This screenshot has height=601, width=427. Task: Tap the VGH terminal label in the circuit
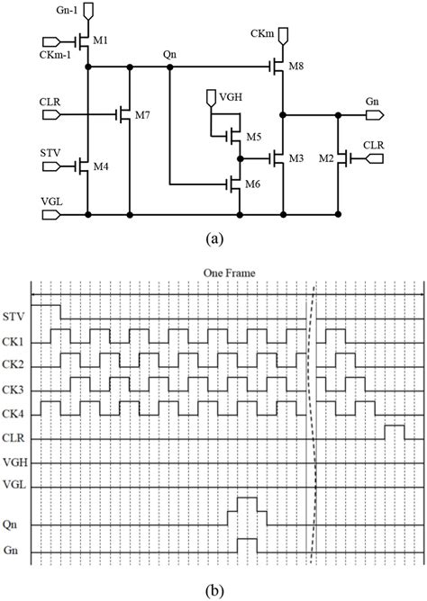[220, 94]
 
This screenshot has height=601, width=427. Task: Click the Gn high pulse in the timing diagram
[247, 544]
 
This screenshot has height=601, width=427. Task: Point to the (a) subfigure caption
[215, 239]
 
